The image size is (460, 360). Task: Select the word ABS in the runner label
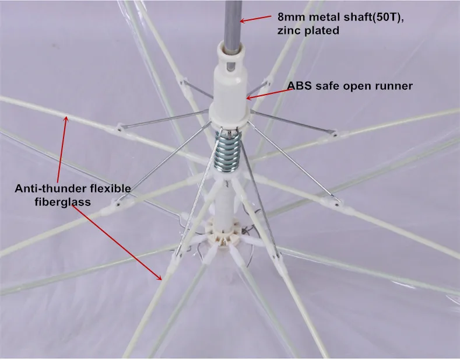click(297, 86)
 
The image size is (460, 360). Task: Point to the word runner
click(394, 86)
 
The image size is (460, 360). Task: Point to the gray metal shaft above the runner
click(231, 20)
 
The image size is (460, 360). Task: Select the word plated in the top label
click(321, 30)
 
